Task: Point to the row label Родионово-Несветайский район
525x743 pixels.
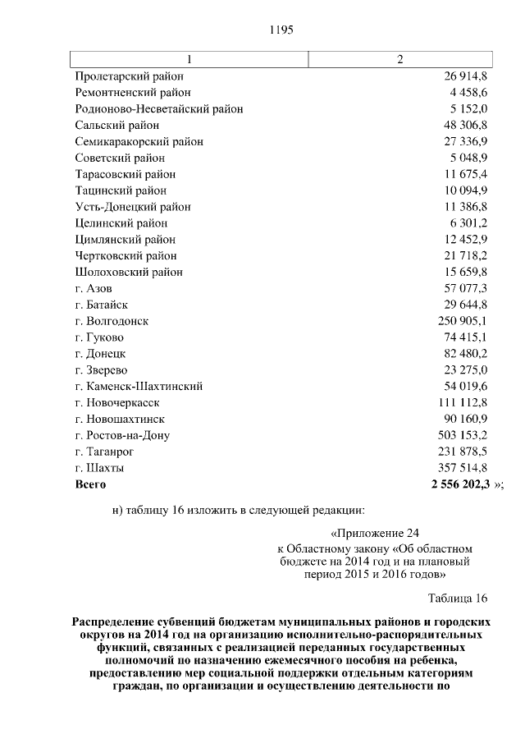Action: (x=158, y=108)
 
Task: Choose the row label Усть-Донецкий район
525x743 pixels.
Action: (x=133, y=207)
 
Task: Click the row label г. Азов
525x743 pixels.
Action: (x=94, y=288)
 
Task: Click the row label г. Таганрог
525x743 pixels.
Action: (x=104, y=452)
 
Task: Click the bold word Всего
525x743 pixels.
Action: (x=90, y=484)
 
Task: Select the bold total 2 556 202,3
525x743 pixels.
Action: (x=460, y=484)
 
